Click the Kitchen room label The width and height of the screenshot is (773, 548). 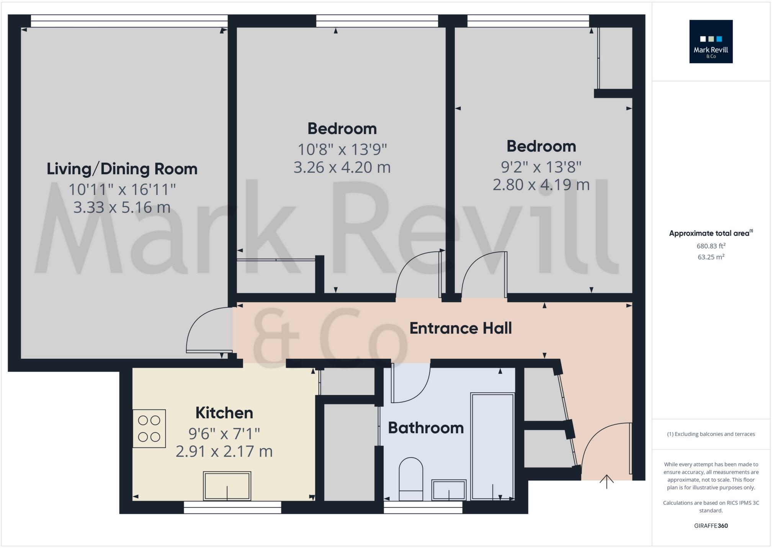[224, 413]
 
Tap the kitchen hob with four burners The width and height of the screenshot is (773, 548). [149, 429]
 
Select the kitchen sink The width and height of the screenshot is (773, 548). [227, 486]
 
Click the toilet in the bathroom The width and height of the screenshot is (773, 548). [410, 479]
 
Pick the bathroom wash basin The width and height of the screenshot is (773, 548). [449, 490]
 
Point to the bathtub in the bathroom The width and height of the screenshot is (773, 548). [492, 446]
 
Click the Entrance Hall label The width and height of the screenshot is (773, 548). [460, 328]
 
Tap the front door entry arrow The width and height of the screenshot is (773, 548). [606, 482]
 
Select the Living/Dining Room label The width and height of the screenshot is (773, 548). [122, 169]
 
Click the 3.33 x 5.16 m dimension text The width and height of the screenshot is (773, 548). [122, 207]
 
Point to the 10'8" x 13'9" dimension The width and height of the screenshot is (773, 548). [342, 149]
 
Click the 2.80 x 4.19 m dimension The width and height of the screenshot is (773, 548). [541, 185]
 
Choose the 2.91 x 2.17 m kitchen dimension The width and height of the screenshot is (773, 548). [224, 451]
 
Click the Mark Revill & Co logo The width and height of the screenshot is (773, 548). [711, 41]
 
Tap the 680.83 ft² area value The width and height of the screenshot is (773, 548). [711, 246]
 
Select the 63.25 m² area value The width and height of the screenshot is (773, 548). [711, 257]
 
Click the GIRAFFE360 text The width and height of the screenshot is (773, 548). [711, 526]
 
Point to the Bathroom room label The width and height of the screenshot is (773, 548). [425, 428]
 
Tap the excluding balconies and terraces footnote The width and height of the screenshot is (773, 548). [711, 434]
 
